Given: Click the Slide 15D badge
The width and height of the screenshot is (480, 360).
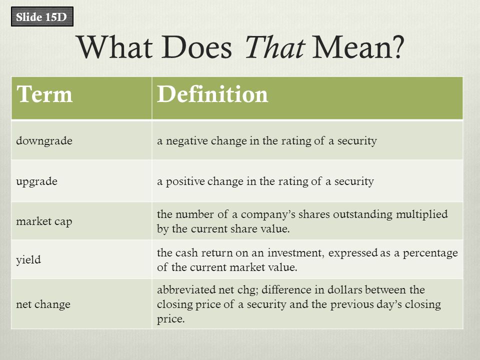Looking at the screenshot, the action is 42,16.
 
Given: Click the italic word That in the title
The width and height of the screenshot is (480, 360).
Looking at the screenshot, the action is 274,47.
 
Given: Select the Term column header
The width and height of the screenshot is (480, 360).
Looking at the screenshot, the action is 44,94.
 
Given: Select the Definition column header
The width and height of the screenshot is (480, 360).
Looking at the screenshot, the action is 212,94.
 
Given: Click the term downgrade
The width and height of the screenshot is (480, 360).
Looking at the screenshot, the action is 44,141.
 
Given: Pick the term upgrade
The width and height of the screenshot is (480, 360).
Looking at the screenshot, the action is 36,181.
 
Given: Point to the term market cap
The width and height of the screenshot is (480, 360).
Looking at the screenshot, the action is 44,221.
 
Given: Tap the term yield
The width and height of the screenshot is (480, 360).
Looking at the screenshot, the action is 28,260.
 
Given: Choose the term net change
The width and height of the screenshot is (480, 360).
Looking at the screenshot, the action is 43,304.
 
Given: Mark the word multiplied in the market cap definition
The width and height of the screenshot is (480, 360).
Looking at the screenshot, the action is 422,214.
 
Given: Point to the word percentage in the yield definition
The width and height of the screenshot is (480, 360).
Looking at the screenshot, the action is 430,253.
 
